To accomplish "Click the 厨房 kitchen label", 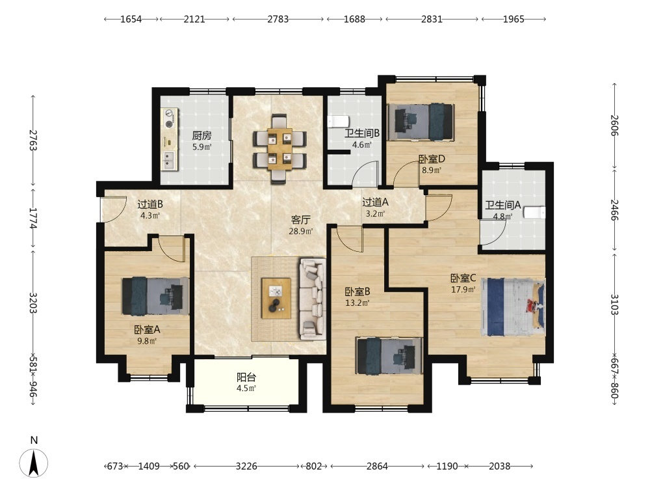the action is coord(202,136).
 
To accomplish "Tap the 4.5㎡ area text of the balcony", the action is coord(246,388).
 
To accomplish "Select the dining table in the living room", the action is coord(279,149).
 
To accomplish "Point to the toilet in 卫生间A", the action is coord(534,212).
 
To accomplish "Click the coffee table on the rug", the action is coord(276,299).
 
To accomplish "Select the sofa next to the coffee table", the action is coord(313,299).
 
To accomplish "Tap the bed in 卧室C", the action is coord(513,307).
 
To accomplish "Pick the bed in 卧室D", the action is coord(421,122).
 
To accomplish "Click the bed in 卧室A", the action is coord(155,296).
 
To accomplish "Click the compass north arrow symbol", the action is coord(34,463).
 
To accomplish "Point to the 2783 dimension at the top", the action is coord(278,19).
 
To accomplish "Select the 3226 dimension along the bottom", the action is coord(246,467).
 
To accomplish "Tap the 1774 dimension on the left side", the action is coord(33,218).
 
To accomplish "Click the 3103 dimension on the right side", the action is coord(614,305).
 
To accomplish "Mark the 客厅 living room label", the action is coord(300,219).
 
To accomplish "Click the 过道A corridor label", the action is coord(375,202).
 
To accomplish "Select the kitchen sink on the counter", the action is coord(169,160).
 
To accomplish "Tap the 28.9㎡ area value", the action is coord(300,231).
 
